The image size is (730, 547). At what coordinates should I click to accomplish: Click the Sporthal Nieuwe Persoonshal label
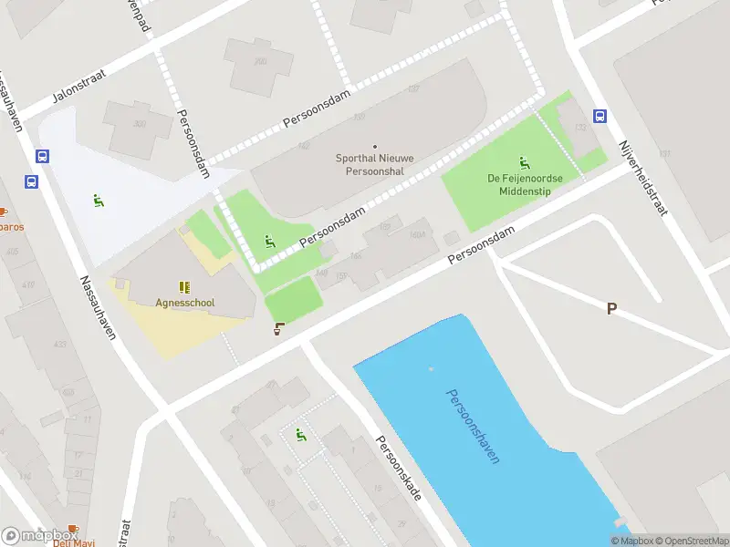pyautogui.click(x=374, y=164)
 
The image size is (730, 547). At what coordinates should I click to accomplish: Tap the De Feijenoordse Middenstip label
pyautogui.click(x=524, y=185)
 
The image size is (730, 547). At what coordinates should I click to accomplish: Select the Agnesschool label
pyautogui.click(x=184, y=304)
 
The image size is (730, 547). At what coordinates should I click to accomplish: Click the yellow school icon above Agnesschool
pyautogui.click(x=184, y=287)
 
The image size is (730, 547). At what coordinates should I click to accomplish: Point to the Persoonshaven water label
pyautogui.click(x=473, y=426)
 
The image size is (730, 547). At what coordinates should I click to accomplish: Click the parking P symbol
pyautogui.click(x=611, y=308)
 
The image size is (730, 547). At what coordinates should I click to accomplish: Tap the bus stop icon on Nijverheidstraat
pyautogui.click(x=600, y=116)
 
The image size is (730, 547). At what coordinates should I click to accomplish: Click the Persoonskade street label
pyautogui.click(x=399, y=467)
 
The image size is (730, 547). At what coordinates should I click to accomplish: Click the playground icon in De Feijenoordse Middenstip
pyautogui.click(x=524, y=162)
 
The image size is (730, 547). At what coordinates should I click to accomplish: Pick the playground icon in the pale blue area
pyautogui.click(x=98, y=201)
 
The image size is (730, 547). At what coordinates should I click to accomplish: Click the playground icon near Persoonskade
pyautogui.click(x=300, y=436)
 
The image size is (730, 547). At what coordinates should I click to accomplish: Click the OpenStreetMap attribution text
pyautogui.click(x=690, y=541)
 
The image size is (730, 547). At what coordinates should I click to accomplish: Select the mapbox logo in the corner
pyautogui.click(x=38, y=536)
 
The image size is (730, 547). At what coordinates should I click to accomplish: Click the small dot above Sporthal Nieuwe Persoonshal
pyautogui.click(x=374, y=146)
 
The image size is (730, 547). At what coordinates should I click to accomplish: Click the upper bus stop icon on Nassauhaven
pyautogui.click(x=42, y=157)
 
